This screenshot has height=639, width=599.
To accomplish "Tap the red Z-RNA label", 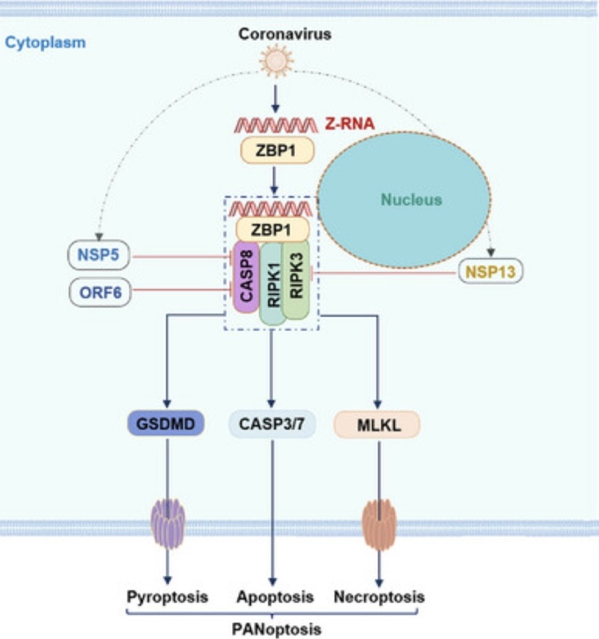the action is click(350, 125).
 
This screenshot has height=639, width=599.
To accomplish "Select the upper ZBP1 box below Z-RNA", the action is click(277, 151).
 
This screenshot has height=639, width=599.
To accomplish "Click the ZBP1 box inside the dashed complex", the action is click(273, 230).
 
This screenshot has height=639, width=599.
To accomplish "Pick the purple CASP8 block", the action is click(246, 277).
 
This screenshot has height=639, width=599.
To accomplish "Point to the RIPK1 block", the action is click(273, 284).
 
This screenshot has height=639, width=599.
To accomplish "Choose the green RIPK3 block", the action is click(296, 280).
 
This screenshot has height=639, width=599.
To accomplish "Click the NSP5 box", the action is click(99, 255).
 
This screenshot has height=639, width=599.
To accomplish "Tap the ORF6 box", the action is click(100, 292).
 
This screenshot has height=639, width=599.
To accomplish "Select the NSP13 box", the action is click(490, 271).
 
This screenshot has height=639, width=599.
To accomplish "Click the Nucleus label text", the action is click(412, 200).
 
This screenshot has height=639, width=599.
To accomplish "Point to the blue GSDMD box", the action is click(166, 424).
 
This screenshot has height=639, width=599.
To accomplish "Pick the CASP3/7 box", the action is click(272, 425).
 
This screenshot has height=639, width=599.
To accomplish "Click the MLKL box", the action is click(378, 425).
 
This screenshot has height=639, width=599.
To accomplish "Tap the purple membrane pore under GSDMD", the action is click(168, 524).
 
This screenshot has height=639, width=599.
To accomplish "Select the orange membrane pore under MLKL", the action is click(379, 524).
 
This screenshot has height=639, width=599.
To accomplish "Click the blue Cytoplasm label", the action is click(45, 43).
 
